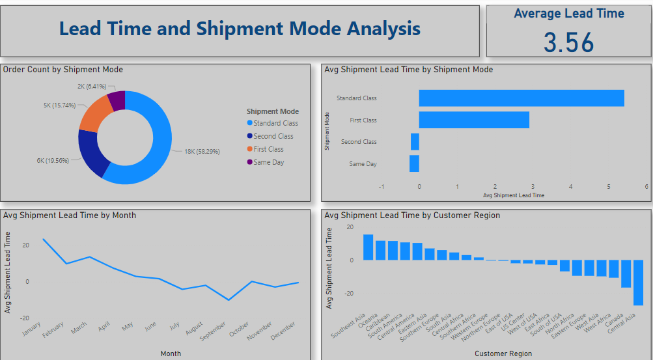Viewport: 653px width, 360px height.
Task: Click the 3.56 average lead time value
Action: click(x=568, y=42)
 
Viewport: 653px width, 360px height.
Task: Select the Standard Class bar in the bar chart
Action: click(x=521, y=98)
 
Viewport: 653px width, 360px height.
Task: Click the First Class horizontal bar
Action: click(x=473, y=120)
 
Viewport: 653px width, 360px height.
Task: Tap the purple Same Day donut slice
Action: click(x=117, y=100)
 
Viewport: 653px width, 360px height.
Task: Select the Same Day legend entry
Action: click(x=268, y=162)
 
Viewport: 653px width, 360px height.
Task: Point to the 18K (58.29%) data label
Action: click(x=202, y=151)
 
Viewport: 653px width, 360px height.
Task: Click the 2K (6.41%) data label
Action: click(x=91, y=86)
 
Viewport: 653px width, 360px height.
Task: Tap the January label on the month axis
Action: click(x=31, y=328)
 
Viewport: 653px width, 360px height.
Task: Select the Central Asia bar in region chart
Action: click(x=638, y=283)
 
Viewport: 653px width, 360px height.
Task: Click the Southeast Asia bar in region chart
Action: click(x=368, y=247)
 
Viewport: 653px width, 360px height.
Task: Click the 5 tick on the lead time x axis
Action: click(x=609, y=186)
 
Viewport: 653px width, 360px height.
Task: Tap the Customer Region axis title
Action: click(x=503, y=353)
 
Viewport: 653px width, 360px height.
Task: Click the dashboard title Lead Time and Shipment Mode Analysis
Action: click(x=240, y=29)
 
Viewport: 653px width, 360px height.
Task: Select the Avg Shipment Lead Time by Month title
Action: click(x=70, y=215)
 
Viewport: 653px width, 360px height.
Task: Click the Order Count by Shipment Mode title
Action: click(x=63, y=70)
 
